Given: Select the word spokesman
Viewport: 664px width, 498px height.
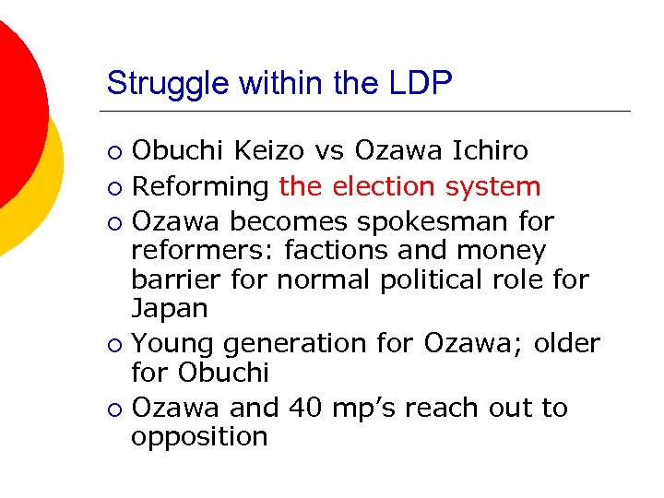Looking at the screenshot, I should click(x=445, y=222).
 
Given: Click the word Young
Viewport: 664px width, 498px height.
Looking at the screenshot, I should click(x=172, y=343).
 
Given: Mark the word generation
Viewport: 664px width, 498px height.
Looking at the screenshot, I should click(x=293, y=344).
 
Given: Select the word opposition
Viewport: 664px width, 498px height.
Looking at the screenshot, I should click(x=199, y=436).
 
